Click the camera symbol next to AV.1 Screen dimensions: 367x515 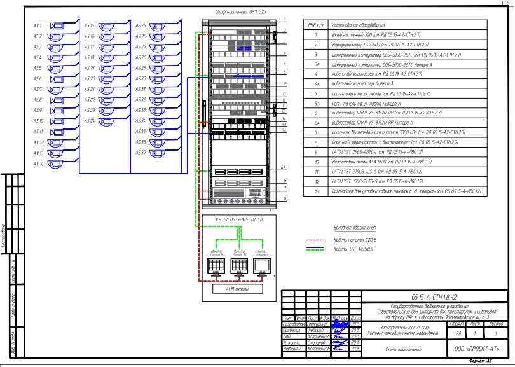click(55, 26)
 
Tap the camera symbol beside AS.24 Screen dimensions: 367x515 click(106, 121)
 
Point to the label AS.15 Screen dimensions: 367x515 click(89, 26)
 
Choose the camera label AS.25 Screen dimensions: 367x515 click(141, 26)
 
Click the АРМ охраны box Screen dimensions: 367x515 click(238, 288)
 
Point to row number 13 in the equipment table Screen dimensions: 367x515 click(315, 191)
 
